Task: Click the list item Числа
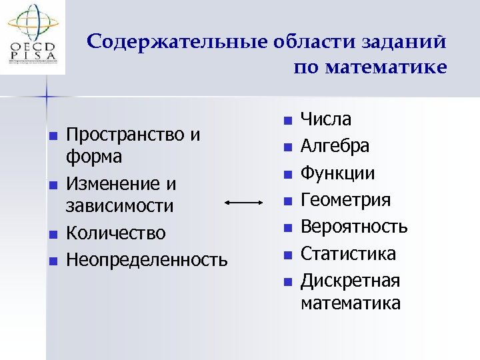(x=326, y=119)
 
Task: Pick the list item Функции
(x=337, y=173)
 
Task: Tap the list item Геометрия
(x=345, y=200)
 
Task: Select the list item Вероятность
(x=353, y=227)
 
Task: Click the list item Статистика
(x=347, y=253)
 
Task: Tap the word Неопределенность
(x=147, y=259)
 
